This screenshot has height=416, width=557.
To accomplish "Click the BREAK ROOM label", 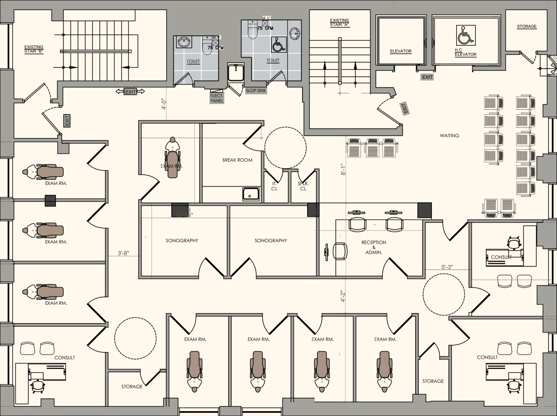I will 237,160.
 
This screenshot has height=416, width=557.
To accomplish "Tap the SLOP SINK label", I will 256,91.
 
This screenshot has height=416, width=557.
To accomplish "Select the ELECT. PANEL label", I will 217,98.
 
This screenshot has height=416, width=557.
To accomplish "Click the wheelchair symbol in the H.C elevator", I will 466,36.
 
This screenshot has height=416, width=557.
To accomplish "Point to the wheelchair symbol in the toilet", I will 279,45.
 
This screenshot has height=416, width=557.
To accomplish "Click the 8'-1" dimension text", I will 343,170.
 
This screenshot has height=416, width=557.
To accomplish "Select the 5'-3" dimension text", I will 447,267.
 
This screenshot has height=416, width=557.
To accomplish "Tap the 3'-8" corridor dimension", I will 123,253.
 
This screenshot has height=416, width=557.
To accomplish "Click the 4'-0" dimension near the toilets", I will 164,103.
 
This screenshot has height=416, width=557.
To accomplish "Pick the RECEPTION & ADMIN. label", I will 374,247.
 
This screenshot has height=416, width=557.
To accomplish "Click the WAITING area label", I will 449,136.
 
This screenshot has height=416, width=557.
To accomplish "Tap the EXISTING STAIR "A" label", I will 339,23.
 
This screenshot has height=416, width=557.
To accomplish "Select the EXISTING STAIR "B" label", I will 34,49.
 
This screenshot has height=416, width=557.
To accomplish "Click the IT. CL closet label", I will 274,186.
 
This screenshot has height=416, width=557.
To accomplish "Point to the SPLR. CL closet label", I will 303,186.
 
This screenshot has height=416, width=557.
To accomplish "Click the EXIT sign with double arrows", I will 131,92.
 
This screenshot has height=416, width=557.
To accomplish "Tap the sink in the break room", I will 251,194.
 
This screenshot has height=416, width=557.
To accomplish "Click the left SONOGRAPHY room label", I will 182,241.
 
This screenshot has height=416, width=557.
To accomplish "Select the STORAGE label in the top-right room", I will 527,27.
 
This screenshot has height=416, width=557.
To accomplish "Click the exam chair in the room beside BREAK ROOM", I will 172,160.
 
